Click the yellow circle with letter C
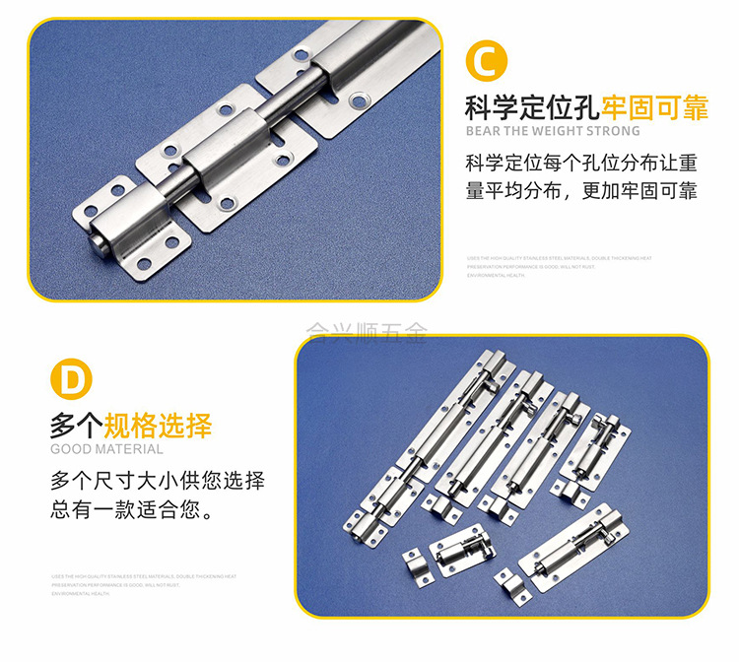click(x=486, y=60)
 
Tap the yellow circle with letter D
click(x=70, y=380)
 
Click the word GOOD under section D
click(x=72, y=449)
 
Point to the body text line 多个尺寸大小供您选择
click(x=158, y=482)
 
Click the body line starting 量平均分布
click(x=581, y=190)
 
